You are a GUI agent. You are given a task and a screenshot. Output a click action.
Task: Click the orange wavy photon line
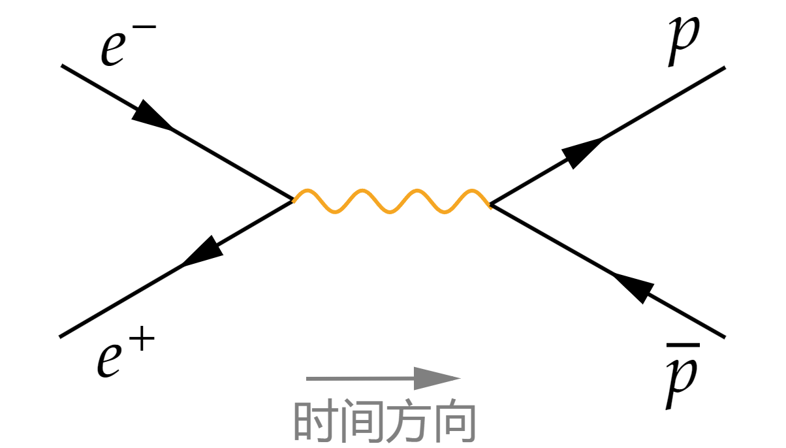click(x=392, y=201)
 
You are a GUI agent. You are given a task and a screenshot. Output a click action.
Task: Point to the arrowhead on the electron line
click(x=152, y=116)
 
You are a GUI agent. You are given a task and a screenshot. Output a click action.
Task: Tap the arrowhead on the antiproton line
click(x=633, y=285)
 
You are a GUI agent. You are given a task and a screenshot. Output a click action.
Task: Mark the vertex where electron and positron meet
click(x=293, y=199)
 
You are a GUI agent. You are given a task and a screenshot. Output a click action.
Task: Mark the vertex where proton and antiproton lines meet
click(x=491, y=204)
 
